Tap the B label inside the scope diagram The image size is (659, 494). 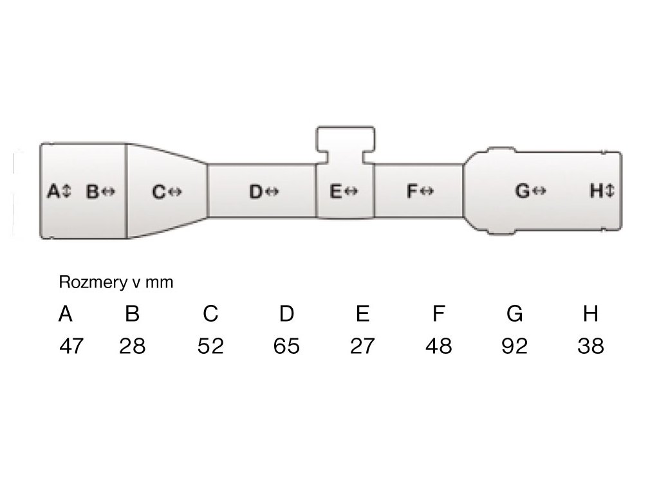[92, 191]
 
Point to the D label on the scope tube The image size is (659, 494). [255, 191]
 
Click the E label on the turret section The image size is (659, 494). [335, 191]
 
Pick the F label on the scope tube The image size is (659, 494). [413, 191]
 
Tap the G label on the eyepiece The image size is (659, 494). [522, 191]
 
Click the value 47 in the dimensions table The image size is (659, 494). [71, 346]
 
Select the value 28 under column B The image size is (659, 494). [133, 346]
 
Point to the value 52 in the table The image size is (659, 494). [210, 346]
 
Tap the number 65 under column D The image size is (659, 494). [286, 346]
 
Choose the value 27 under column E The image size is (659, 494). [362, 346]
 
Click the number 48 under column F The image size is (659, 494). [438, 346]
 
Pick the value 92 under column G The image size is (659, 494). [514, 346]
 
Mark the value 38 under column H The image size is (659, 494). [590, 346]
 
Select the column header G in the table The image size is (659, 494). [514, 314]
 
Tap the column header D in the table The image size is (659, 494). [286, 314]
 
